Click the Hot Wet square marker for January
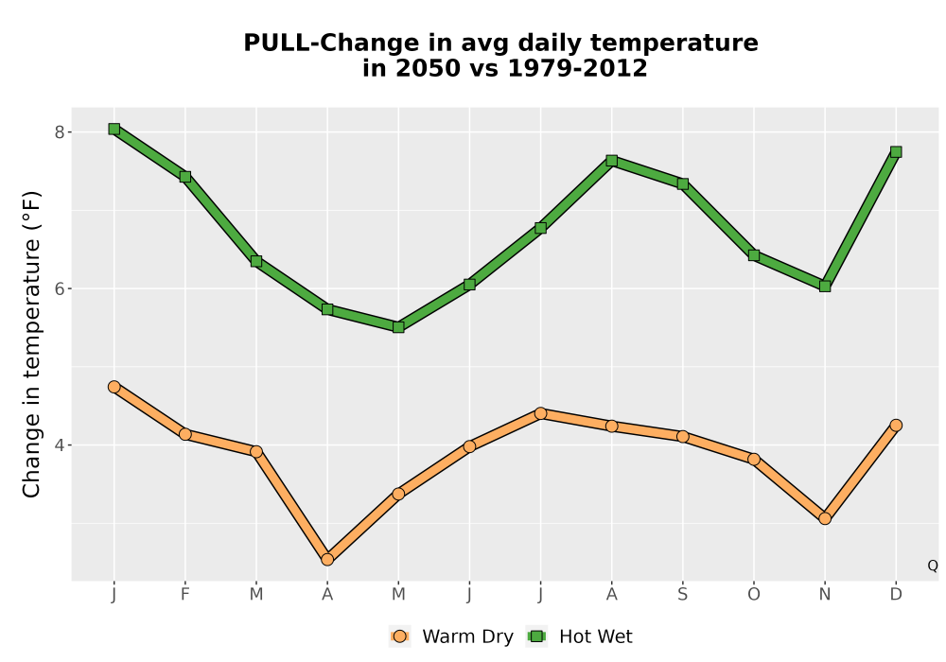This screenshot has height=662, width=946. (x=114, y=129)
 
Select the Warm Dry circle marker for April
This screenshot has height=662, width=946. (x=327, y=560)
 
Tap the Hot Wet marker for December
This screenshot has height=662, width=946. (x=896, y=152)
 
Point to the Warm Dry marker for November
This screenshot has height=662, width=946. (x=825, y=518)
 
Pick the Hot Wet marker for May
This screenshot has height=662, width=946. (x=398, y=327)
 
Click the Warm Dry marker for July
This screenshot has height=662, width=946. (x=540, y=413)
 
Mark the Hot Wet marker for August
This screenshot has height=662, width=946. (x=612, y=161)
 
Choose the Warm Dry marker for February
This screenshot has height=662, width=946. (x=185, y=434)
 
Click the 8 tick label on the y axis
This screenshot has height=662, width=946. (x=59, y=132)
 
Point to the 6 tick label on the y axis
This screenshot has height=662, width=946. (x=59, y=288)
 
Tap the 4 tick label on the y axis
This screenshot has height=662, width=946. (x=59, y=445)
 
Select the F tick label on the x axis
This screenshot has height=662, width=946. (x=185, y=595)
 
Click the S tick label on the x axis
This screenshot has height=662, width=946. (x=682, y=595)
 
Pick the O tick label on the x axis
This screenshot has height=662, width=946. (x=754, y=595)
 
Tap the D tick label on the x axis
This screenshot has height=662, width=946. (x=896, y=595)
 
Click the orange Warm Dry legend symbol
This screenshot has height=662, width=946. (x=399, y=636)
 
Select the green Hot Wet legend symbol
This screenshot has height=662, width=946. (x=536, y=636)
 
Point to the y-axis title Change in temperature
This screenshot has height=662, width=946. (x=31, y=344)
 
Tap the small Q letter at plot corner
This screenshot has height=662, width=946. (x=933, y=566)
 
